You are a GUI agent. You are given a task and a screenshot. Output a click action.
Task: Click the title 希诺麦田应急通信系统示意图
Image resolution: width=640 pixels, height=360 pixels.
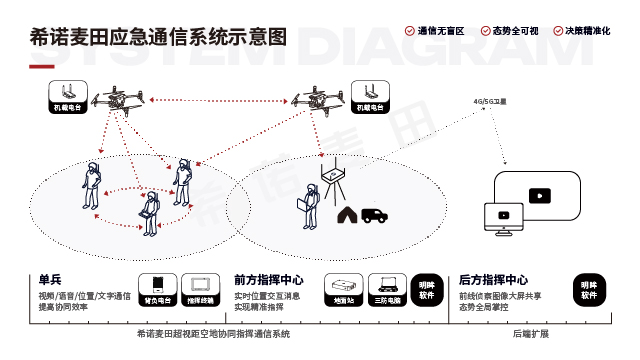point(158,38)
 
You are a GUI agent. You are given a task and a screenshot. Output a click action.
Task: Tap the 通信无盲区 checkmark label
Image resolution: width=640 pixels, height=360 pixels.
point(438,32)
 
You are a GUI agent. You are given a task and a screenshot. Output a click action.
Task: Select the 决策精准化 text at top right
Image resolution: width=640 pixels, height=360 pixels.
point(585,32)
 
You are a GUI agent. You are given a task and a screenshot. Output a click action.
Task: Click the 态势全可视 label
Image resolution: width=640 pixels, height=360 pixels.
point(511,32)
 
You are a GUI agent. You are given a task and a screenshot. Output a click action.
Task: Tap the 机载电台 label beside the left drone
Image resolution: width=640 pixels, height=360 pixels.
point(68,105)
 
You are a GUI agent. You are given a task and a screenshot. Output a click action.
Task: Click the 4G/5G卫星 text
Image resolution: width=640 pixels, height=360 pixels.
point(490,102)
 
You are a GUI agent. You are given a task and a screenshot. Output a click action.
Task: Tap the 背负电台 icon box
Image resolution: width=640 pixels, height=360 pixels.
point(157,288)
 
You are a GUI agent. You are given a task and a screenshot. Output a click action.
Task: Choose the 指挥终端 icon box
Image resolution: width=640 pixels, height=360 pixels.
point(201,288)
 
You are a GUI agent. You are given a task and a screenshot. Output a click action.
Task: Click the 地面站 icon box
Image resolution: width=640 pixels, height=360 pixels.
point(345,288)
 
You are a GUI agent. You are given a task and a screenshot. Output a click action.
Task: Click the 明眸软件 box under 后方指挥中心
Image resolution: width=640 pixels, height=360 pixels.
point(590,288)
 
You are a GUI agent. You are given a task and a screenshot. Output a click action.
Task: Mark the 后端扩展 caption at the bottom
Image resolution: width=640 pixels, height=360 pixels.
point(531,333)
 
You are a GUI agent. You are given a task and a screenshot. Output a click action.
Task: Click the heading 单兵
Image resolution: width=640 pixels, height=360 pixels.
point(50,280)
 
